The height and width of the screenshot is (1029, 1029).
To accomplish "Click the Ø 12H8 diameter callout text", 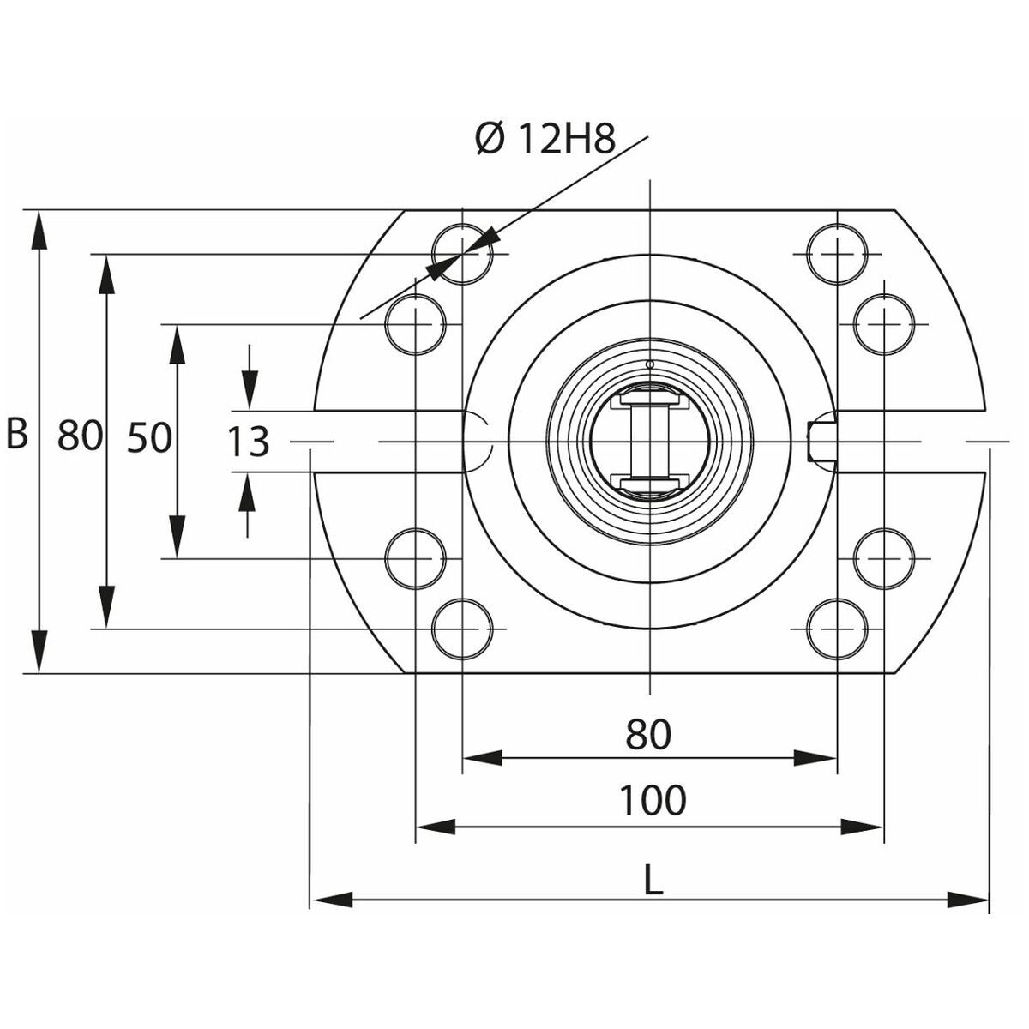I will [x=545, y=139].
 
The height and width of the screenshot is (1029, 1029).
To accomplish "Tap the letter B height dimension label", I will [x=17, y=435].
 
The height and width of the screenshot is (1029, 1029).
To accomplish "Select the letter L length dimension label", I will [x=653, y=881].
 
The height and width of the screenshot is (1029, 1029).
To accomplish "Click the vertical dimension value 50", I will [x=149, y=439].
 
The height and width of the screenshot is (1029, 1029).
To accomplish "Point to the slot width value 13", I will [x=249, y=442].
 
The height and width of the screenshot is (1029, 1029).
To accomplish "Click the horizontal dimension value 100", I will [x=653, y=801].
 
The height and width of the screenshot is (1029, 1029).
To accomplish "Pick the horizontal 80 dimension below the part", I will [x=648, y=735].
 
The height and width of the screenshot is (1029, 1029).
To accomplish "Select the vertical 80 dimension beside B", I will [x=81, y=436].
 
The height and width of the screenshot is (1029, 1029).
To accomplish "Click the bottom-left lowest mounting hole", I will [x=463, y=629].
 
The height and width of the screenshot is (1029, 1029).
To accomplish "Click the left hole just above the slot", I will [x=416, y=324].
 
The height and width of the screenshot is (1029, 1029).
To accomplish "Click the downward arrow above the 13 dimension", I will [x=249, y=390].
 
